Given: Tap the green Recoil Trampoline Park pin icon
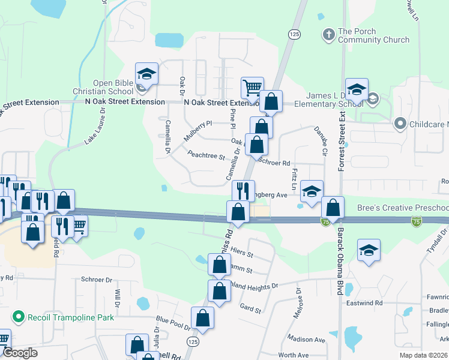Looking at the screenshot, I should [18, 316].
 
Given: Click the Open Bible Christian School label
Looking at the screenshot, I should [112, 87].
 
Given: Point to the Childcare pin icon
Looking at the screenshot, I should [400, 124].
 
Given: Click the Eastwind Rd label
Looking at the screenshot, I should [362, 303].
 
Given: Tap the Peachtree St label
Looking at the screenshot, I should [205, 157].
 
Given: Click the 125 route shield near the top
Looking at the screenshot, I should [294, 35].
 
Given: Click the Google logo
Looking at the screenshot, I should [20, 353].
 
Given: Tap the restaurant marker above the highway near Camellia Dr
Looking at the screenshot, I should [243, 191].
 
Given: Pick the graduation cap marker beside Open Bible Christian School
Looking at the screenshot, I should [146, 74].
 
